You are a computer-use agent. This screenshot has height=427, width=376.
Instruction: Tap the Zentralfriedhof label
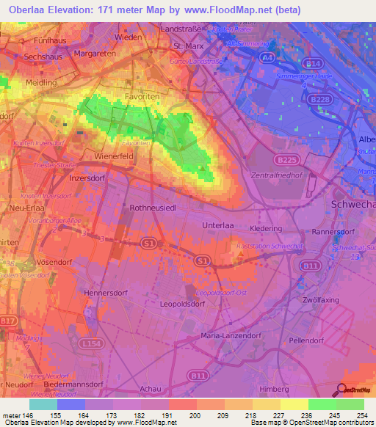[277, 177]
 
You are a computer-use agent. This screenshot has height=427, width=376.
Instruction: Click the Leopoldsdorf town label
[184, 302]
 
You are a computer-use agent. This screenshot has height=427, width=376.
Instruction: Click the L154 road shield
[90, 343]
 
